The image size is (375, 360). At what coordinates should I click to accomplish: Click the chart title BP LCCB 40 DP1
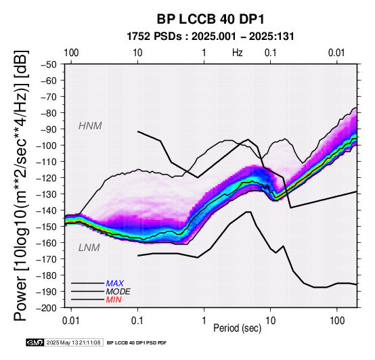point(211,19)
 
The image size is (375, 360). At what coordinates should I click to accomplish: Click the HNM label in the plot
point(90,126)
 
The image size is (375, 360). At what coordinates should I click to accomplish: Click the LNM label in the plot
point(89,248)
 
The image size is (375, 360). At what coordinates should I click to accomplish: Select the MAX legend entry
point(115,284)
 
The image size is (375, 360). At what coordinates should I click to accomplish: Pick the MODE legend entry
point(118,292)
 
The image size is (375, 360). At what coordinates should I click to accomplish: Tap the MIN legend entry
point(114,300)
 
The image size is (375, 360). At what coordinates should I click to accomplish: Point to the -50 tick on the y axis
point(48,64)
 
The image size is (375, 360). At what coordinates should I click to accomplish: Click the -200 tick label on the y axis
point(46,308)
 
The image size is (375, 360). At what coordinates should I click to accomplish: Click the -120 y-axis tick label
point(46,178)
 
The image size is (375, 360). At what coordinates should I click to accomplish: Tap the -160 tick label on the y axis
point(46,243)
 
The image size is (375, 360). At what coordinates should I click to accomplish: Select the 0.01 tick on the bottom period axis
point(71,321)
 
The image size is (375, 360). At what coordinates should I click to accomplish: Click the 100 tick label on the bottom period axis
point(336,321)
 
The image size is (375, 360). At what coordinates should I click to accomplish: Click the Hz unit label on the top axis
point(237,53)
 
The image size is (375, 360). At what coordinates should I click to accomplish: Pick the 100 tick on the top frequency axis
point(71,53)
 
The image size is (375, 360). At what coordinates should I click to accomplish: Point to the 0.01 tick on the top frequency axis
point(336,53)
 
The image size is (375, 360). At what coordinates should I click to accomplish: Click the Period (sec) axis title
point(237,328)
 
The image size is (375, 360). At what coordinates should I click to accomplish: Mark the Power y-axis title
point(21,185)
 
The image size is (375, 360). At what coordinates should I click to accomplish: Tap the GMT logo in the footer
point(35,342)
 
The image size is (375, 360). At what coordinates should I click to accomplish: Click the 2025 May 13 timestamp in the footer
point(74,342)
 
